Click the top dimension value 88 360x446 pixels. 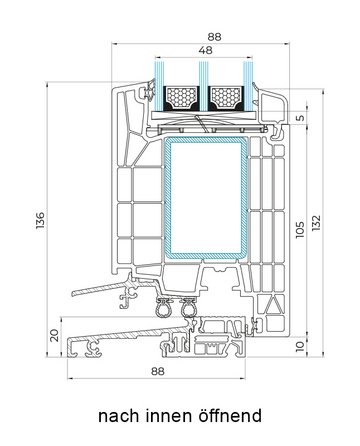[x=214, y=36]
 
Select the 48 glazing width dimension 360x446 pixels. [x=205, y=50]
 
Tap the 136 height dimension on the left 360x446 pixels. [x=40, y=220]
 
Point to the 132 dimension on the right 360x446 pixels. [x=316, y=222]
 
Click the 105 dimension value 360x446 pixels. [x=300, y=229]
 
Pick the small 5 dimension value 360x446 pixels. [x=300, y=118]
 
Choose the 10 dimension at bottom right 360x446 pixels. [x=300, y=346]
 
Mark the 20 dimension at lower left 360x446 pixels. [x=54, y=335]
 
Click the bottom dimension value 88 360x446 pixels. [x=157, y=371]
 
